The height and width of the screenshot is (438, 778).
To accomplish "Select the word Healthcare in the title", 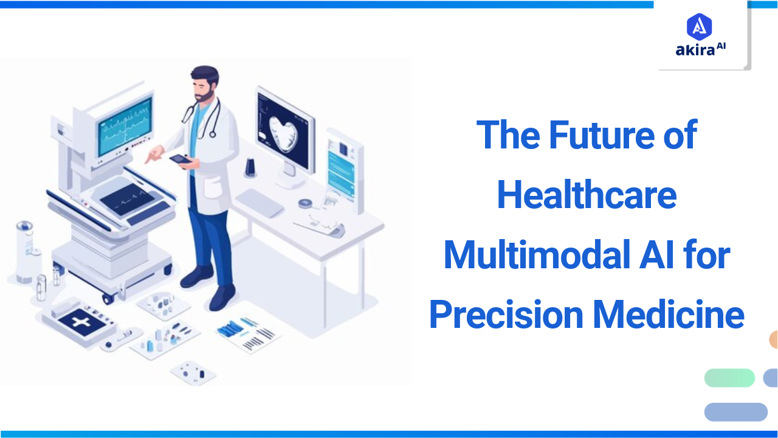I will [587, 195].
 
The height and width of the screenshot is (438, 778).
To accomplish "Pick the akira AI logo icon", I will [700, 27].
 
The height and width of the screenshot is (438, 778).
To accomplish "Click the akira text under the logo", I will [695, 50].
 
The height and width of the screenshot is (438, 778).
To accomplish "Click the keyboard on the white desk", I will [260, 202].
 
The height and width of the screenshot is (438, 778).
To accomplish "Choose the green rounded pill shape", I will [729, 378].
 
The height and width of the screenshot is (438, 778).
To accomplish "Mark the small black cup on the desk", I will [250, 167].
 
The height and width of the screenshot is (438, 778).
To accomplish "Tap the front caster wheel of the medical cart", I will [108, 298].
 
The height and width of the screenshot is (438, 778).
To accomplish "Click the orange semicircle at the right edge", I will [773, 339].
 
